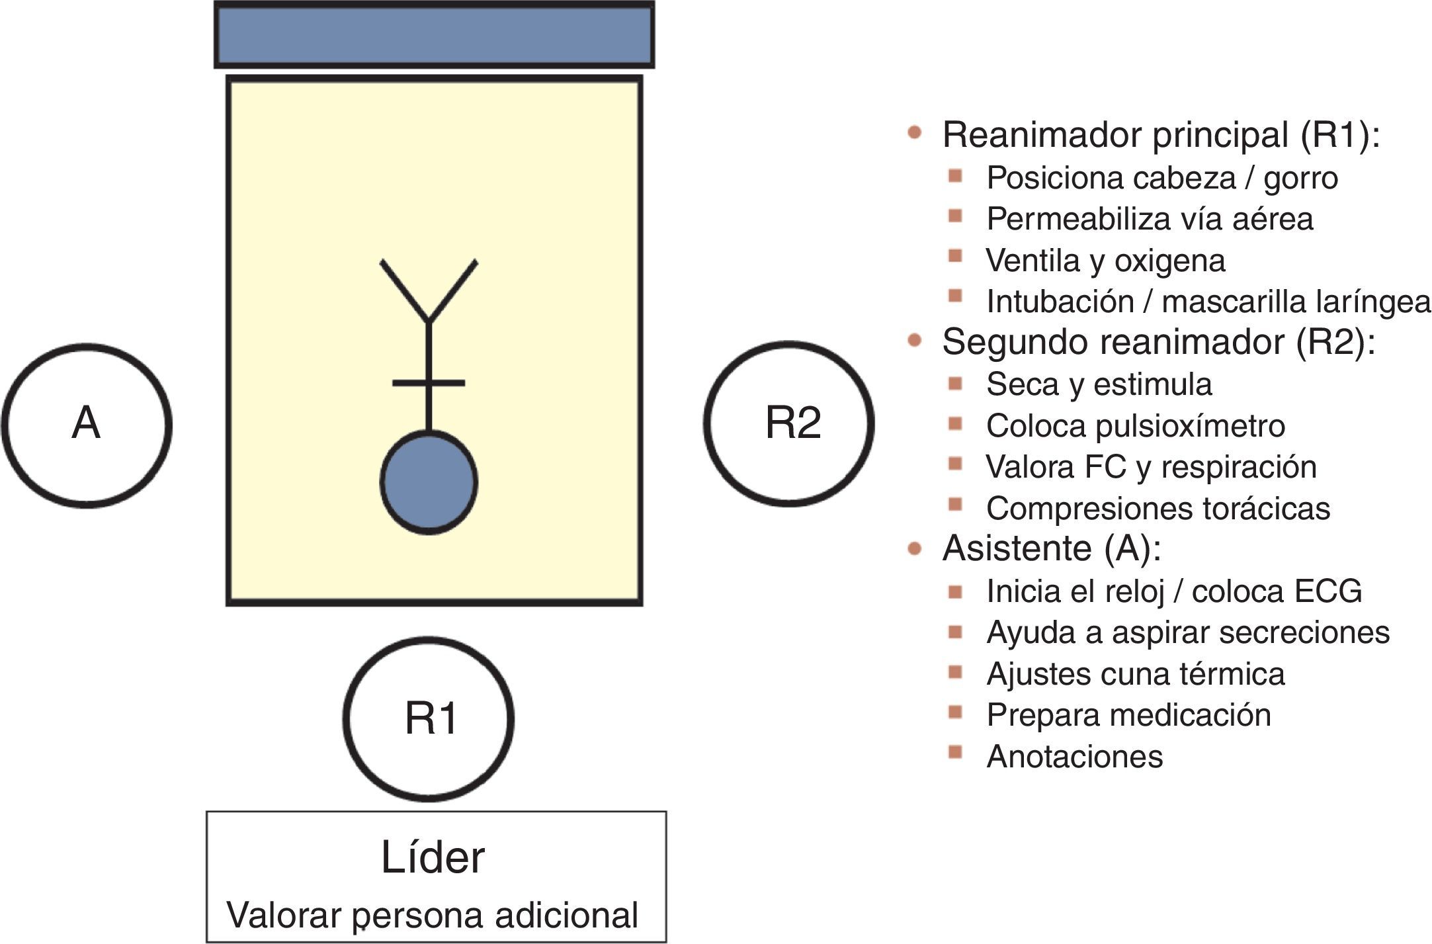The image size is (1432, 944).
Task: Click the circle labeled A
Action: click(87, 425)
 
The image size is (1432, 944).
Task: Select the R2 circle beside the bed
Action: click(788, 423)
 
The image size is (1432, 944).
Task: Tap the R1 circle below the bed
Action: click(429, 718)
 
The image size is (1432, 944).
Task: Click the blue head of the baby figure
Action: click(429, 482)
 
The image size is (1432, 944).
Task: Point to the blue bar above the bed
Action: click(435, 35)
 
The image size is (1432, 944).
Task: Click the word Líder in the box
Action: click(433, 858)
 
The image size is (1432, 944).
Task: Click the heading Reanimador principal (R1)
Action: click(1161, 136)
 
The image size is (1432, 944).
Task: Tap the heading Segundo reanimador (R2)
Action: click(1159, 343)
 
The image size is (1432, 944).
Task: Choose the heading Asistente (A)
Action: click(1052, 549)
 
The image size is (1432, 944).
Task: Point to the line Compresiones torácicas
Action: click(1158, 509)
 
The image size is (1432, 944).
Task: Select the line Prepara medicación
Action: click(1128, 715)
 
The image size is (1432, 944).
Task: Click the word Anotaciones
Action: click(1075, 757)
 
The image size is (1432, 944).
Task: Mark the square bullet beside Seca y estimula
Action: click(954, 383)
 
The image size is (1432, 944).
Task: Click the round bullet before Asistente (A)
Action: click(915, 548)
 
